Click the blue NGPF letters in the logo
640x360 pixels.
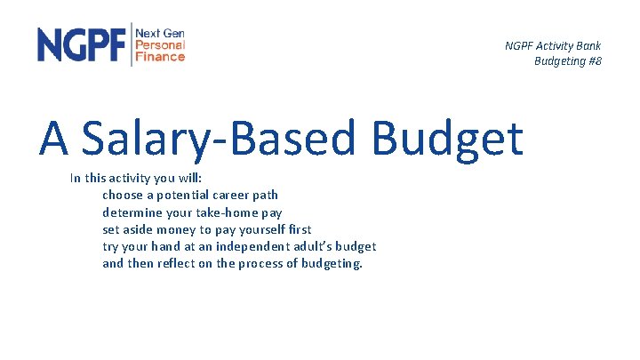point(82,44)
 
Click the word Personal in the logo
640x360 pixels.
point(160,44)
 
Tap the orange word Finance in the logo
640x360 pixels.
point(160,56)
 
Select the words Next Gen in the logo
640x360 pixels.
point(160,33)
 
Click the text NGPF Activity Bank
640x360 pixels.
point(552,45)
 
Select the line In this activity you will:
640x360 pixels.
point(135,179)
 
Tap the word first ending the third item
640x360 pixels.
point(298,229)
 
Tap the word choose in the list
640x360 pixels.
point(123,195)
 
